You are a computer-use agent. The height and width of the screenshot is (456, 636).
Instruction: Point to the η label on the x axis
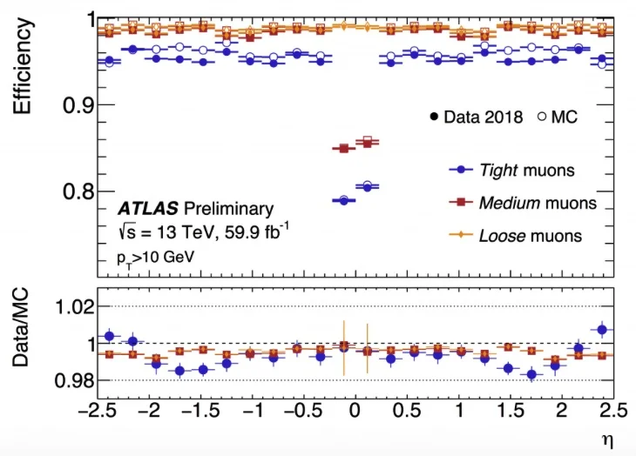(607, 441)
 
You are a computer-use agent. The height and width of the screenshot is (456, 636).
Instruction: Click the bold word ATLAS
(147, 209)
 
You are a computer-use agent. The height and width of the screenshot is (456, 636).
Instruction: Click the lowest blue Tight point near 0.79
(342, 200)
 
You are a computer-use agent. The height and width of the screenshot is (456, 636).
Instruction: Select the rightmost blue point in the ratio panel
(602, 330)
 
